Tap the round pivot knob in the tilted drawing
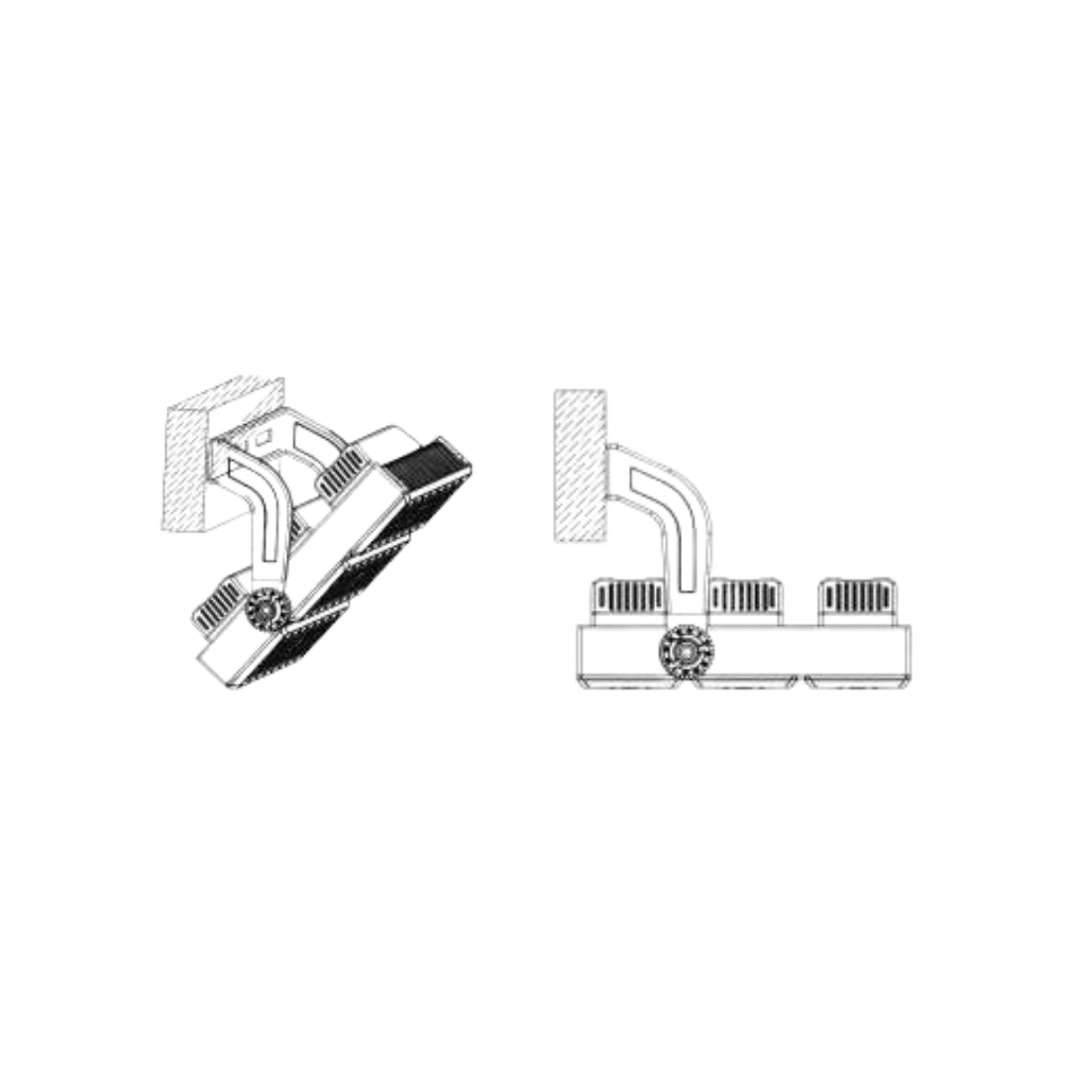click(268, 612)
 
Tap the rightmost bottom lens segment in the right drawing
click(855, 682)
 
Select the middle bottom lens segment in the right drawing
click(745, 683)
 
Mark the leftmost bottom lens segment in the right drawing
click(634, 682)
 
